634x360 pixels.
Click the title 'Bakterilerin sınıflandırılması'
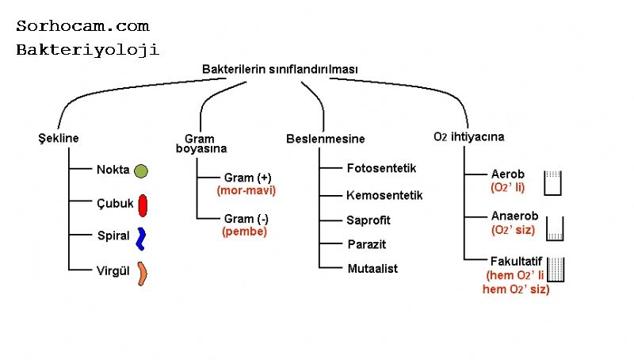[280, 70]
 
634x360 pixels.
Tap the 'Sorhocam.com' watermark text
[82, 26]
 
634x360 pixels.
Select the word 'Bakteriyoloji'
[87, 49]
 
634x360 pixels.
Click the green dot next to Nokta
[141, 170]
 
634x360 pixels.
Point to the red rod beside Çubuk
[143, 205]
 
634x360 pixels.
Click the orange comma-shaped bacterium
[142, 273]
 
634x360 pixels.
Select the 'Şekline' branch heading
[59, 139]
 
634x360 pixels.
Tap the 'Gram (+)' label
[248, 178]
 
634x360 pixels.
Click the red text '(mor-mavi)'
[246, 191]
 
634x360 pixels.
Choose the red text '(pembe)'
[245, 232]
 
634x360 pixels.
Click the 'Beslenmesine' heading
[326, 140]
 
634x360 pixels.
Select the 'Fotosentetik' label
[381, 168]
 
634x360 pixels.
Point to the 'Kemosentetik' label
[384, 195]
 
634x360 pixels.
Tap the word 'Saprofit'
[369, 220]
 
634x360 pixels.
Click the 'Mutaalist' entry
[372, 269]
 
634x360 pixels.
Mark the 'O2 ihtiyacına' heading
[469, 137]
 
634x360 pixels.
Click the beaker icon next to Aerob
[552, 182]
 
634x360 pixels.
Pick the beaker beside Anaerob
[555, 228]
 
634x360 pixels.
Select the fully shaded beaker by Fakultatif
[555, 270]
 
